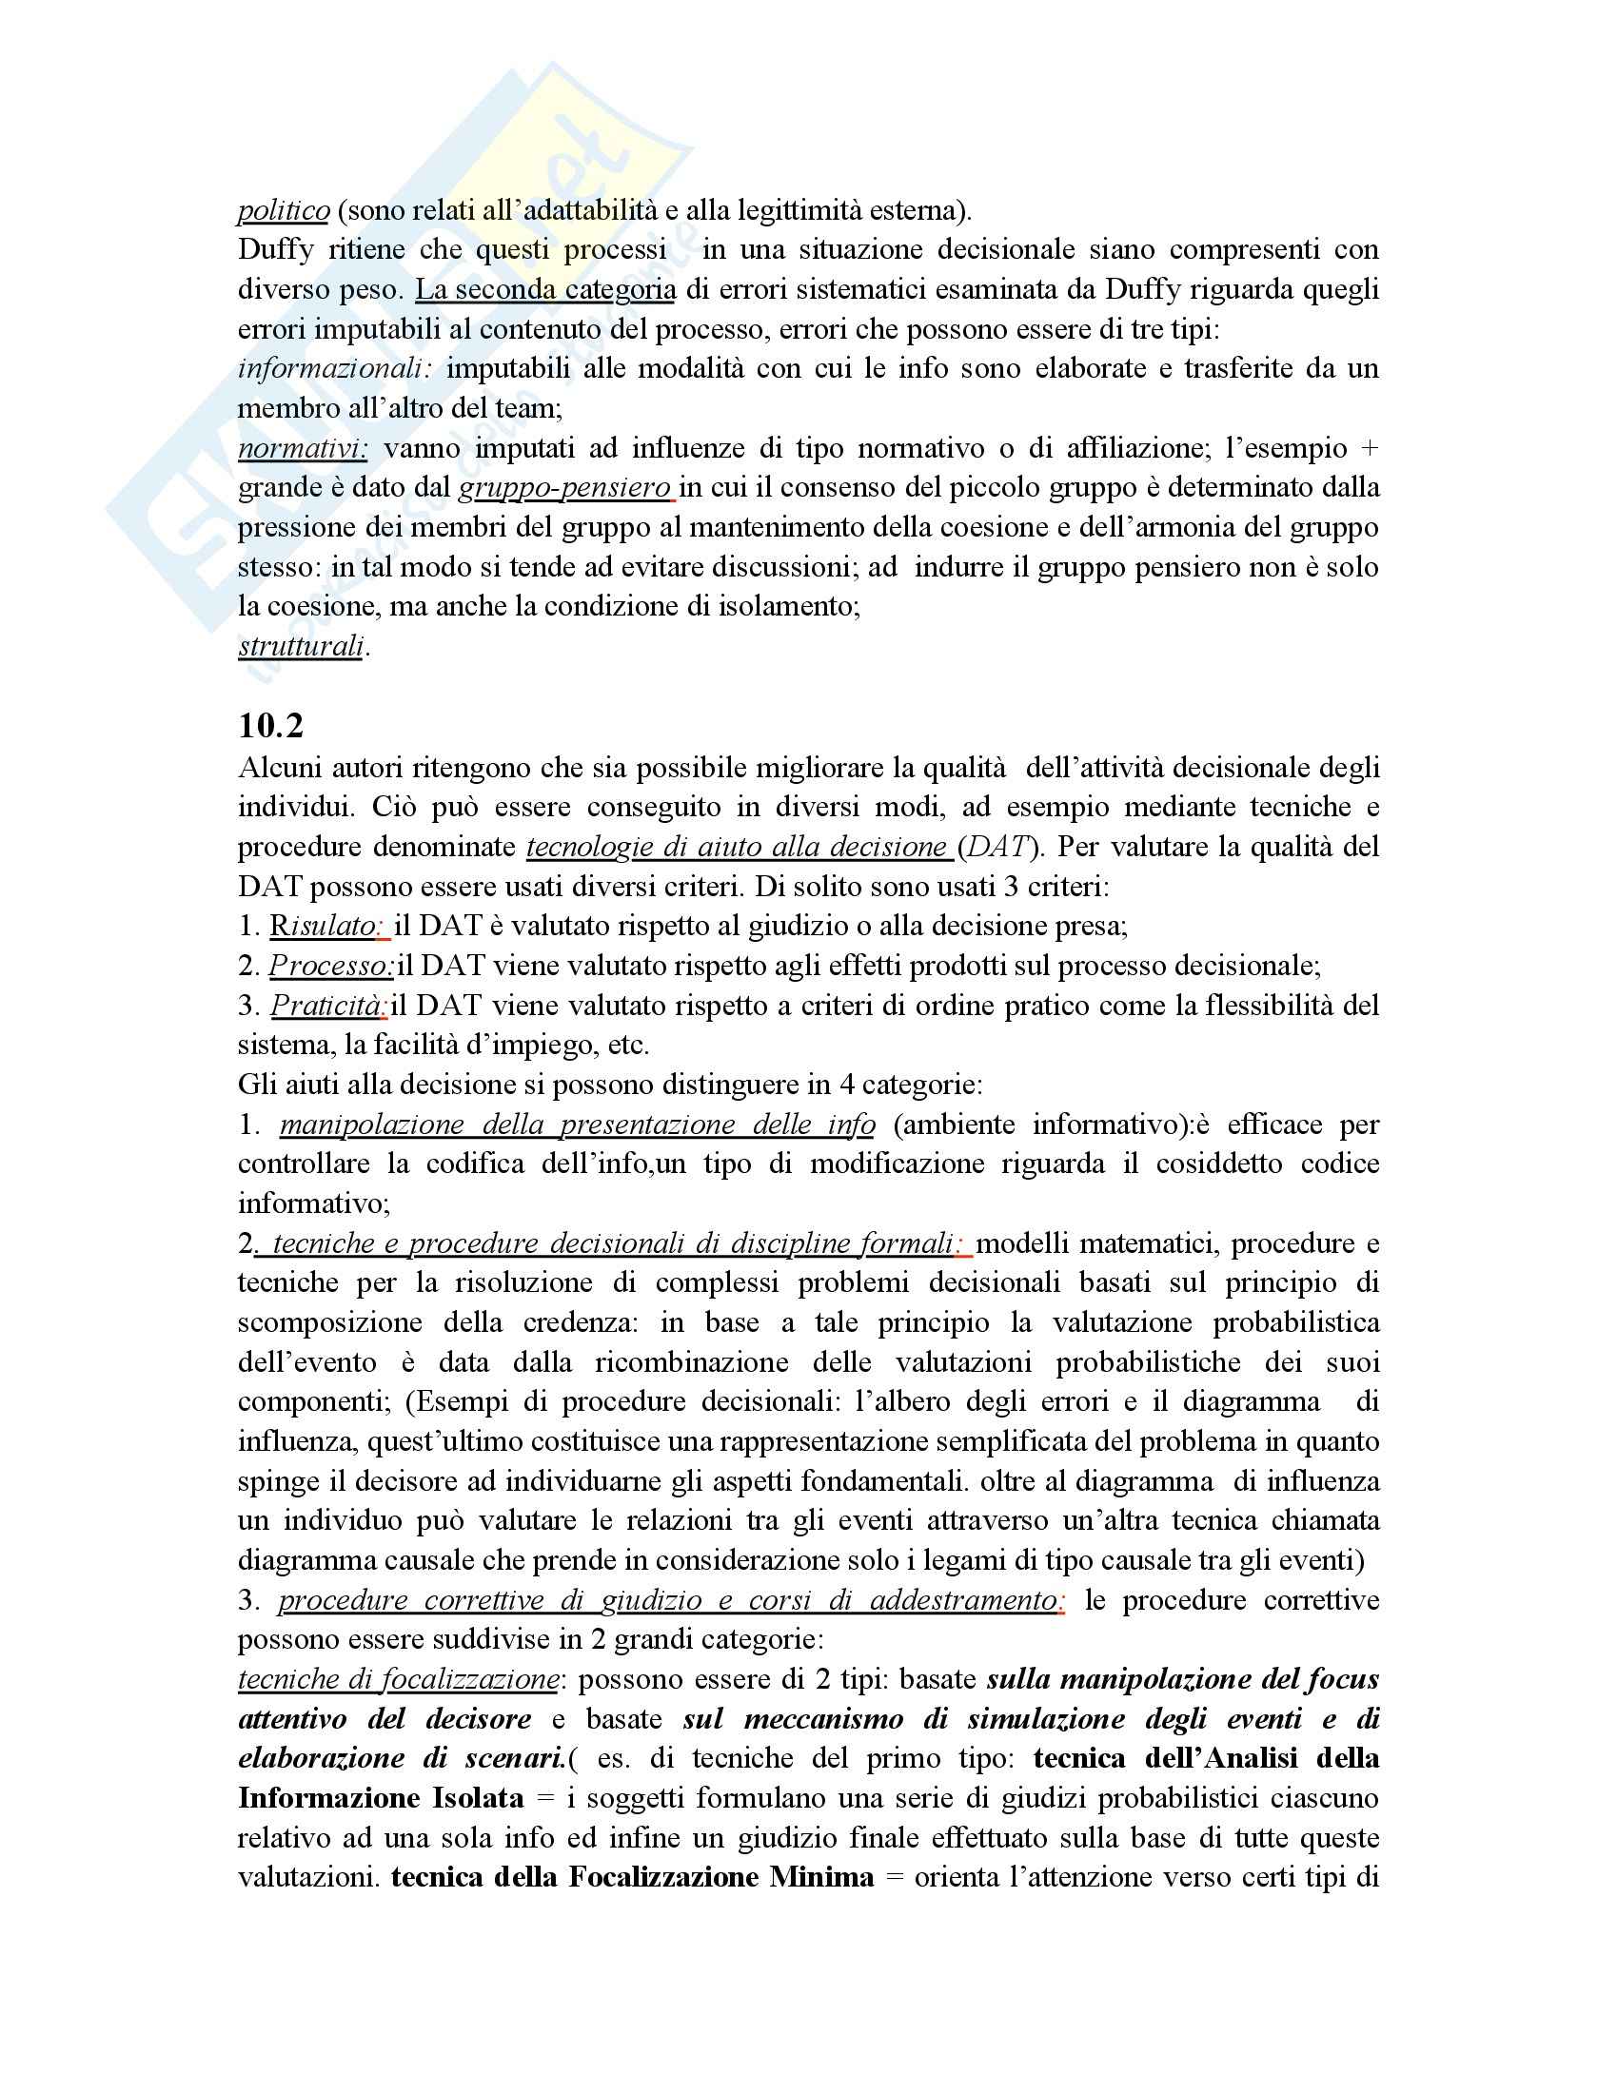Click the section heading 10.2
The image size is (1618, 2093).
click(270, 726)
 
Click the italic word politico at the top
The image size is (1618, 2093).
click(283, 210)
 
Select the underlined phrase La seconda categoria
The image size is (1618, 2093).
click(544, 289)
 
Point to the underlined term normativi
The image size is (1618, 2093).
click(302, 448)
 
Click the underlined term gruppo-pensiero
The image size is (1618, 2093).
click(565, 488)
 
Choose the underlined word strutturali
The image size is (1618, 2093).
click(301, 647)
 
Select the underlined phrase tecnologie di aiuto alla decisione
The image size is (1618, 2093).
click(736, 847)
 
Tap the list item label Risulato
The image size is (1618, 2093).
click(326, 926)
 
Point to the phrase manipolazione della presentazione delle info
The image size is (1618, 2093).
click(577, 1125)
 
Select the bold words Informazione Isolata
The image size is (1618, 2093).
click(381, 1798)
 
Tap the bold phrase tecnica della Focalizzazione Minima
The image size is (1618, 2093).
click(633, 1877)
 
